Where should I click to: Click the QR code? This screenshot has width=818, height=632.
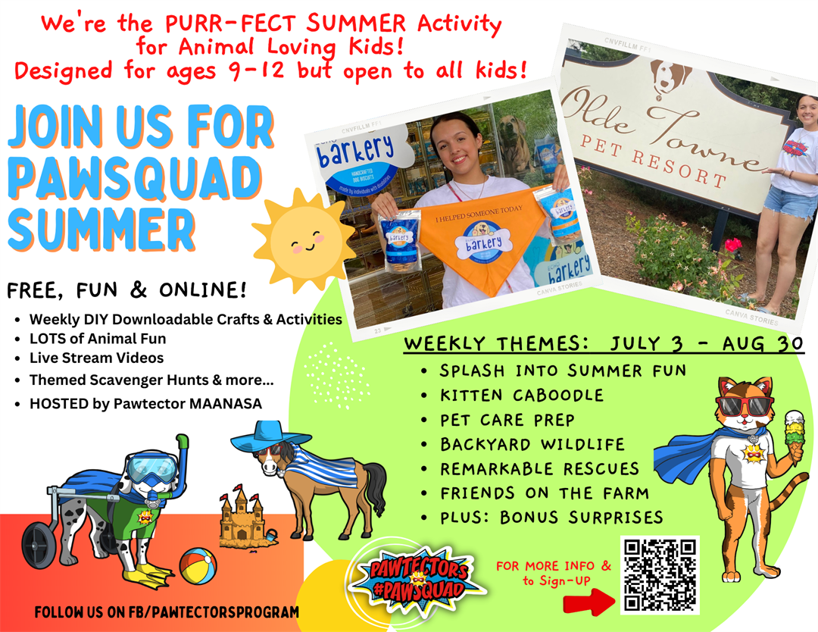pos(660,575)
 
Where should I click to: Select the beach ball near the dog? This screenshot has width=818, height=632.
pos(198,566)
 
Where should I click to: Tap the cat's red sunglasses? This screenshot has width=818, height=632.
pos(745,405)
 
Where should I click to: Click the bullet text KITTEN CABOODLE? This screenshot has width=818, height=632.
pos(522,395)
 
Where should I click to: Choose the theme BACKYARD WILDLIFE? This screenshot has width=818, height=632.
pos(532,444)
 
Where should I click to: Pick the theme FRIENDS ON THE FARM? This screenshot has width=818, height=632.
pos(544,493)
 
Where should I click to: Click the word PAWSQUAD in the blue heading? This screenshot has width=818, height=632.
pos(135,179)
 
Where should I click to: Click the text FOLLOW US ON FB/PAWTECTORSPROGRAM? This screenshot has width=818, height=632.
pos(167,612)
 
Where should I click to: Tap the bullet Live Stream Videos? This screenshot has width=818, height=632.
pos(96,358)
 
